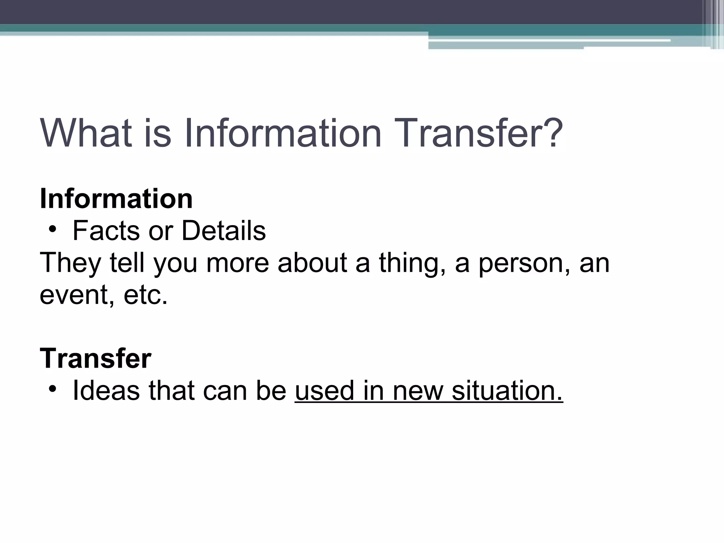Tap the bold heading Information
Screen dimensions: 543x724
coord(116,199)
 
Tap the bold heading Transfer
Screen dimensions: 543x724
coord(95,358)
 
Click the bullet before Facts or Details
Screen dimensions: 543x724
coord(53,230)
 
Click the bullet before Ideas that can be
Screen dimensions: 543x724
coord(53,390)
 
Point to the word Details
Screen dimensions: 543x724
coord(223,231)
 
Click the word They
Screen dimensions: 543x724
coord(70,263)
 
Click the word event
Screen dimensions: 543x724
coord(77,295)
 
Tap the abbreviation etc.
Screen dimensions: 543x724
coord(145,295)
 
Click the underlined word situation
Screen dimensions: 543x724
coord(507,391)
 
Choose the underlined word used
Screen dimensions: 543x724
coord(324,391)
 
